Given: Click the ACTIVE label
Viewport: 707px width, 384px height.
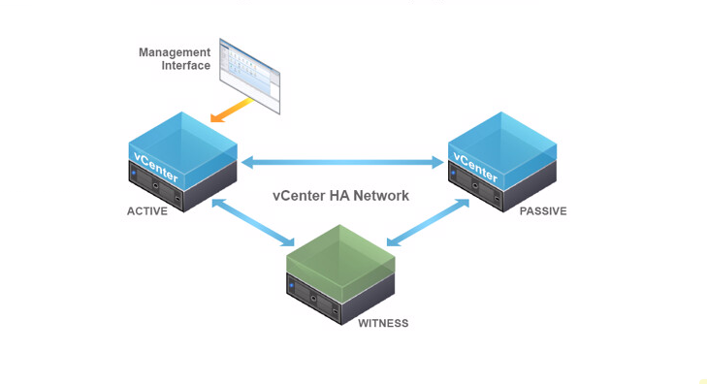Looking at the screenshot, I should click(x=147, y=211).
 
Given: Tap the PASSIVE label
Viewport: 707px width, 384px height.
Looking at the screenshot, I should click(x=543, y=211).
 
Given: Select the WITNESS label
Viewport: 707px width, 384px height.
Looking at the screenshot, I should click(x=383, y=323).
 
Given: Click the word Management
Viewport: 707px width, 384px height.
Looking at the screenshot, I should click(x=175, y=52).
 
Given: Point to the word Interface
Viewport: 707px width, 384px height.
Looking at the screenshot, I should click(x=186, y=66).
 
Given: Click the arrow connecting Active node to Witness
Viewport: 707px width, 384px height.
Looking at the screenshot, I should click(x=253, y=222).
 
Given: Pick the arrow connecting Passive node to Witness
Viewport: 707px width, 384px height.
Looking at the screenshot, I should click(x=428, y=222).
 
